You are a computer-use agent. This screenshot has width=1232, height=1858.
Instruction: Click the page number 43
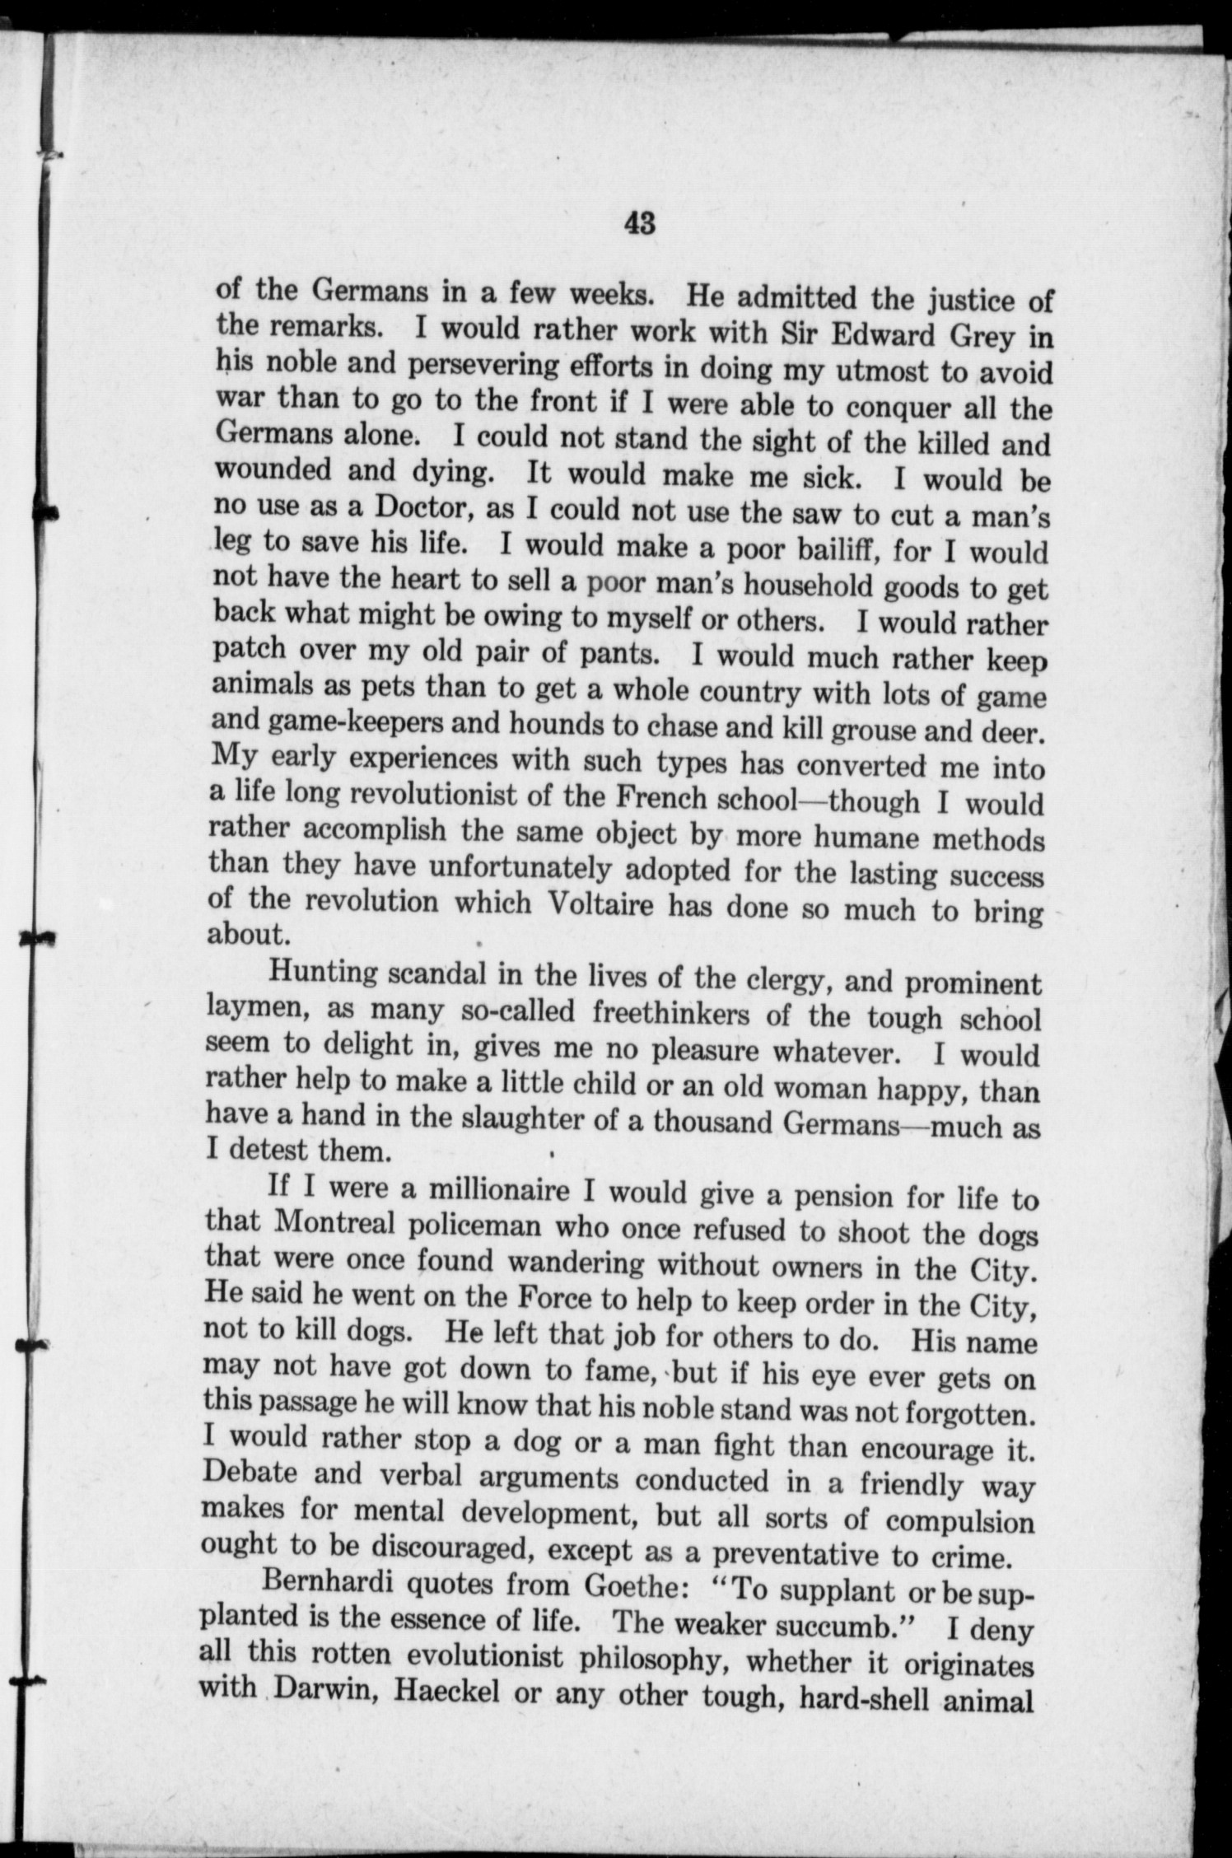tap(639, 223)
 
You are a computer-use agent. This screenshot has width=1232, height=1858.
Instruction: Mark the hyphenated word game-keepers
tap(350, 721)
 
